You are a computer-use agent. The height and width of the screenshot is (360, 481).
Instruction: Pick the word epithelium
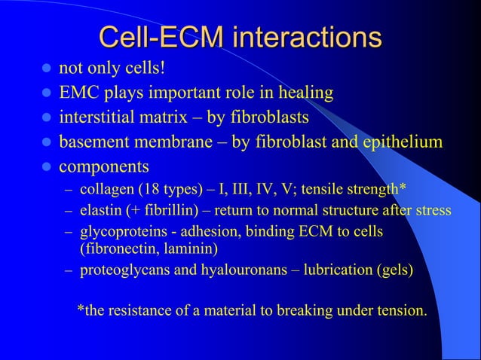[x=399, y=142]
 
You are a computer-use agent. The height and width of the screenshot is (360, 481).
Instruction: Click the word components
[x=103, y=165]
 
